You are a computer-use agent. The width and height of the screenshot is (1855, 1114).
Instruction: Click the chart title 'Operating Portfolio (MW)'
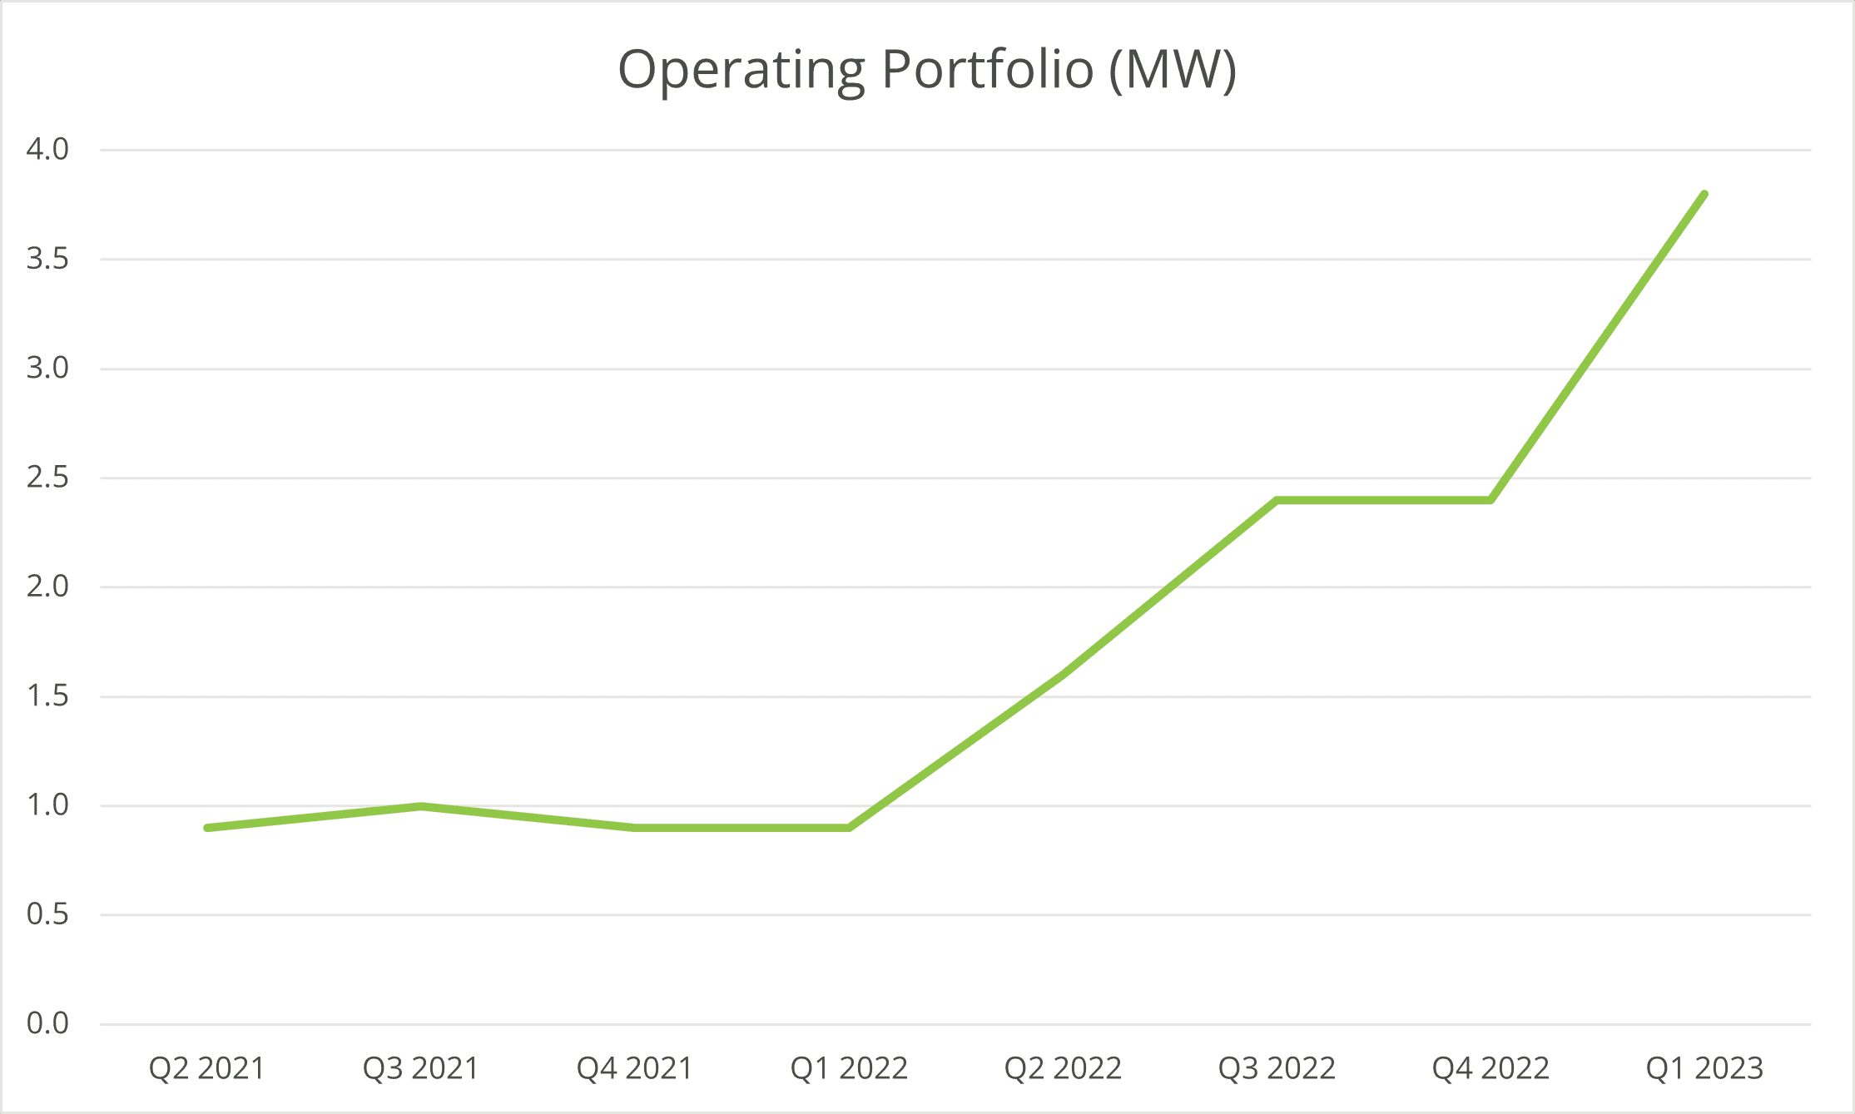click(x=927, y=71)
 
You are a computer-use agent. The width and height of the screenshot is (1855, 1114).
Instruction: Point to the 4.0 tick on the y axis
click(x=47, y=150)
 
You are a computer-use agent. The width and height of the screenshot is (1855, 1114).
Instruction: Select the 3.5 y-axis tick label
click(x=47, y=259)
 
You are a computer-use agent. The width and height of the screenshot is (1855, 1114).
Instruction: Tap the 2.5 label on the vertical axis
click(x=47, y=478)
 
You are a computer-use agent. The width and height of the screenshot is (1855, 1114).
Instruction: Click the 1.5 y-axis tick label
click(x=47, y=696)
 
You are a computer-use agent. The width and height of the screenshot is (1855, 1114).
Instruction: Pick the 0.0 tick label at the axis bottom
click(x=47, y=1024)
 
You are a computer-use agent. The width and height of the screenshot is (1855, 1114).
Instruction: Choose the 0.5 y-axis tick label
click(x=47, y=915)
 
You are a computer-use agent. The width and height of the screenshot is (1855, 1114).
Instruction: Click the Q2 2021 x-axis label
click(x=206, y=1068)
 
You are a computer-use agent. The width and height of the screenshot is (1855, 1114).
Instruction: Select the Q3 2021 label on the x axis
click(x=421, y=1068)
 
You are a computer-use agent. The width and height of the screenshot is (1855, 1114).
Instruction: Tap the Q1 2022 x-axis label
click(x=849, y=1068)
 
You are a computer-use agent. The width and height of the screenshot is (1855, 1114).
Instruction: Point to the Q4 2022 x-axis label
click(x=1490, y=1068)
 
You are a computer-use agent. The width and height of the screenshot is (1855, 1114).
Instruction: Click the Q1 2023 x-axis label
click(x=1704, y=1068)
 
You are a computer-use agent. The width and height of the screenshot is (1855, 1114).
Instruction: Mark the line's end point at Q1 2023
click(x=1704, y=194)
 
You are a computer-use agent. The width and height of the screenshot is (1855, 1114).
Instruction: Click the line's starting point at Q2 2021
click(x=206, y=828)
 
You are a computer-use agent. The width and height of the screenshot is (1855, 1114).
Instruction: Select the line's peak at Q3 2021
click(x=421, y=806)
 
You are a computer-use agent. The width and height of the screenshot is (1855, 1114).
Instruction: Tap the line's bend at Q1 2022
click(x=849, y=828)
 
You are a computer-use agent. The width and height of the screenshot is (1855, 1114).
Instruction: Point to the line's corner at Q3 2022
click(x=1277, y=500)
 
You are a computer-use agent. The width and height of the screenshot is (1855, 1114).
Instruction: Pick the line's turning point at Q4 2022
click(x=1490, y=500)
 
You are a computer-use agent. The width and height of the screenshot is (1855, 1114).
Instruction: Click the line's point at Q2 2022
click(x=1063, y=675)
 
